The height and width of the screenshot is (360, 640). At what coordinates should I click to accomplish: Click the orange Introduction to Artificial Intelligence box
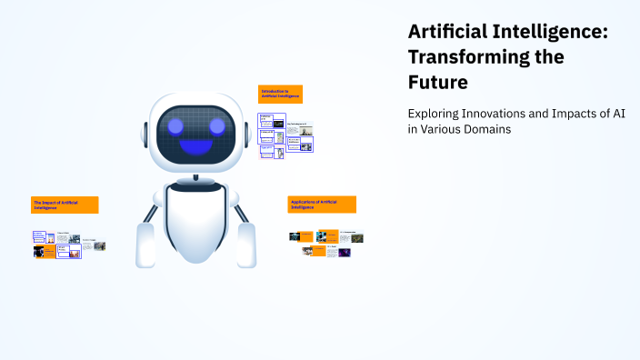tap(280, 94)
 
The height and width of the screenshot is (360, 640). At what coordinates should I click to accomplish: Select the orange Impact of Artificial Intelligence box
tap(65, 205)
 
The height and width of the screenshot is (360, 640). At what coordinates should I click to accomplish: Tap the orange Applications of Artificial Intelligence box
tap(322, 205)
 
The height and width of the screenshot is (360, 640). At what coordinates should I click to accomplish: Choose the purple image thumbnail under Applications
tap(345, 253)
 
